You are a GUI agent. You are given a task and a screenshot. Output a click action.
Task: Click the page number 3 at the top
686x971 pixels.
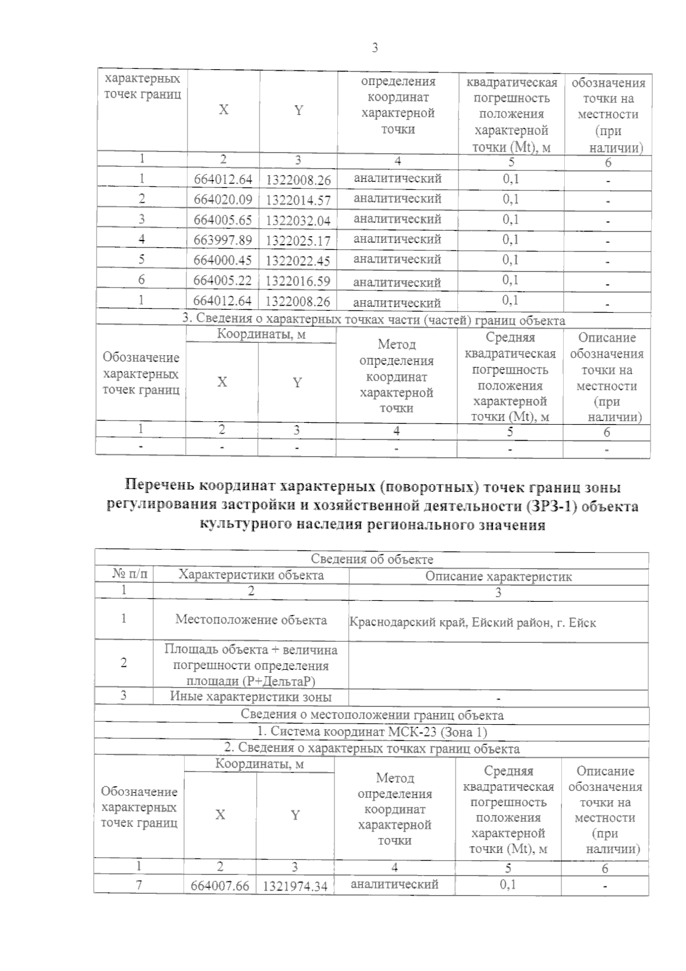375,48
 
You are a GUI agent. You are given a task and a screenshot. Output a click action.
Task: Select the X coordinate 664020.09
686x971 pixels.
223,200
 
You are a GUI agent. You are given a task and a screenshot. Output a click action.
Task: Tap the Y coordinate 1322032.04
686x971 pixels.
298,221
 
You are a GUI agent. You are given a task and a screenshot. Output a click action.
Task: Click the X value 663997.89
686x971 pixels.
223,241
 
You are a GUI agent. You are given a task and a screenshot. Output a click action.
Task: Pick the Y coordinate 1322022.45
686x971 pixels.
298,261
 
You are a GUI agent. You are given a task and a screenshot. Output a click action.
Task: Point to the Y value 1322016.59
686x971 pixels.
298,281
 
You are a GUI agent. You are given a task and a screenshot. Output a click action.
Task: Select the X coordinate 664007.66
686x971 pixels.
220,886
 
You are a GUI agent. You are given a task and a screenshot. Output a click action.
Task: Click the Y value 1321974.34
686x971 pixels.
295,886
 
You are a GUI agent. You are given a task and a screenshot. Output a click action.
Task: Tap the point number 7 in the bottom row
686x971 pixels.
139,885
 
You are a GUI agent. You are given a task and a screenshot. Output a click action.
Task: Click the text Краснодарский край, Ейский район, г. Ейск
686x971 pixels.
472,622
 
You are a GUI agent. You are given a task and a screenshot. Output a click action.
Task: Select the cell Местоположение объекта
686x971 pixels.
251,620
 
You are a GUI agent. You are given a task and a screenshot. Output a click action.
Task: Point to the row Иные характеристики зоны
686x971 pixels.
251,697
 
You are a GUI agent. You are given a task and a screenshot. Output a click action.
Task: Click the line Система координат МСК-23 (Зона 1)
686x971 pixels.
372,732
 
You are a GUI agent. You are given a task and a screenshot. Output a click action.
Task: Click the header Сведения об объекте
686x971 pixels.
372,559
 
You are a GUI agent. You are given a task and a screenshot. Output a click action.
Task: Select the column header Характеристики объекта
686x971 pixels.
251,575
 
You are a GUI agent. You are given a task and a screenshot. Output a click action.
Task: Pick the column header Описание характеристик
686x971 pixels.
498,576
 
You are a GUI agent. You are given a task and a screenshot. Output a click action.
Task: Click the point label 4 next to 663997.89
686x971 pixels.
141,239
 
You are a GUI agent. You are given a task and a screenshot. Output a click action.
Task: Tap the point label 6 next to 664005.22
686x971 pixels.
141,279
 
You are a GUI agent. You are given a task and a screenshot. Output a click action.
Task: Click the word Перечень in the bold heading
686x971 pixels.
159,487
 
